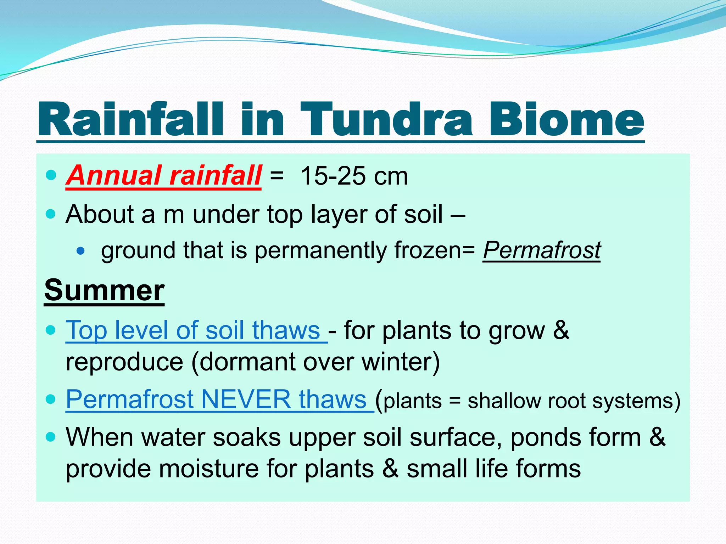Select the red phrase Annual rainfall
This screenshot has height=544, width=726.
pos(164,176)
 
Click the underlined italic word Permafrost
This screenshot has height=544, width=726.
pos(541,250)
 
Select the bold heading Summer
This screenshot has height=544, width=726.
pos(104,290)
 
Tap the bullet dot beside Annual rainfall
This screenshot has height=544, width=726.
pos(51,175)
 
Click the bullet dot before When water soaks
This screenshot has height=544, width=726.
pos(51,437)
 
